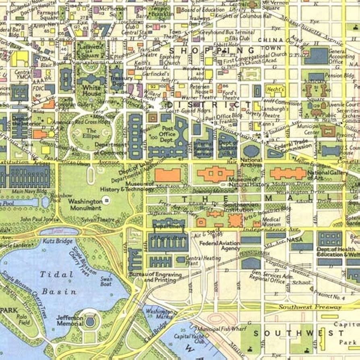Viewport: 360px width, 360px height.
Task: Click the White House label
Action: [x=91, y=90]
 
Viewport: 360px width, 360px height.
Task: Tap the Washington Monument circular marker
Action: [x=106, y=199]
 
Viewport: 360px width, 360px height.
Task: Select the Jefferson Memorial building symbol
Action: [x=90, y=321]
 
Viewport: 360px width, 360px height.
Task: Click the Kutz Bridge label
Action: [x=58, y=241]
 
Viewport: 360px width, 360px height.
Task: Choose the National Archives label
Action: [x=251, y=162]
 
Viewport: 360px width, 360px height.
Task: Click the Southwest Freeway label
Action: [x=310, y=307]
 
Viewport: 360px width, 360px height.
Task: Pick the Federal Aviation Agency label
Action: [x=220, y=245]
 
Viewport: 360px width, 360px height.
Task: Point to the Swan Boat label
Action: [x=106, y=281]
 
